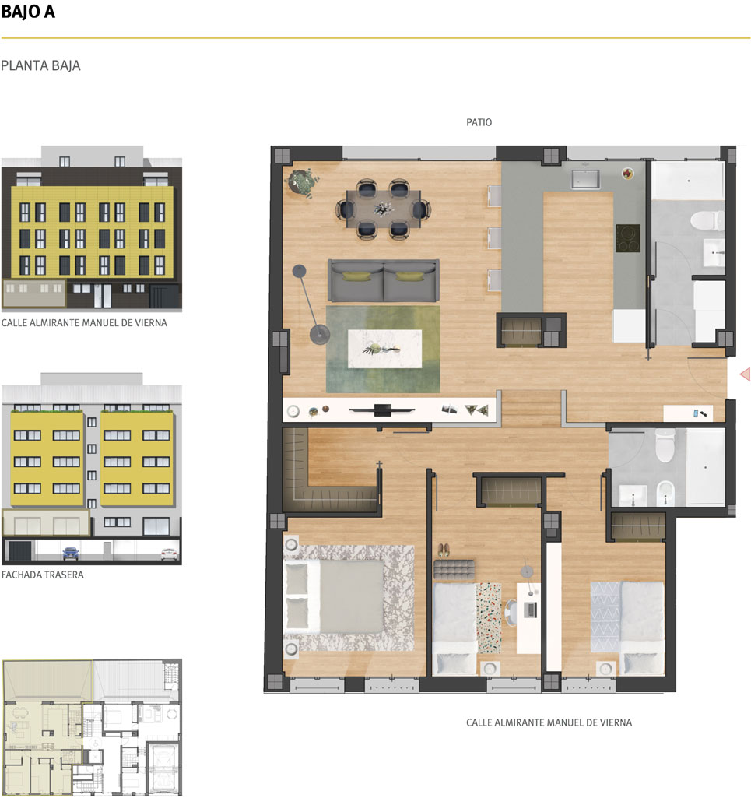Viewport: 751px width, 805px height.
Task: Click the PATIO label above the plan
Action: (479, 122)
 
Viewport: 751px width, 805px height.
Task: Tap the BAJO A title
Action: (28, 12)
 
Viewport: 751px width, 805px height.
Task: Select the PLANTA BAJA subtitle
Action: (40, 65)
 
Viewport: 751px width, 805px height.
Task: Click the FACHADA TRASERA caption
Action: (42, 575)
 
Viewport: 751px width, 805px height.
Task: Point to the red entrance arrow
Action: (745, 374)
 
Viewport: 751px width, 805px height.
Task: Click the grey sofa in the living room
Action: (383, 280)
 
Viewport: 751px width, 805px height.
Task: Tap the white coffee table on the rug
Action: (385, 349)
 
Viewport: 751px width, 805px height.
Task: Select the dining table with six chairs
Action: (383, 209)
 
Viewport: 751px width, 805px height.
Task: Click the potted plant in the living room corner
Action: (301, 182)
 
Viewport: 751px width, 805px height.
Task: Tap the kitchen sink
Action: (586, 179)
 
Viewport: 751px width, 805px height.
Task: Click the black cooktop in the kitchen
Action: (628, 238)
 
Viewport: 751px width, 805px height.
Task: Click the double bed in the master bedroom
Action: (334, 596)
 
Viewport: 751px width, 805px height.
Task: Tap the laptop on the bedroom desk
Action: (530, 610)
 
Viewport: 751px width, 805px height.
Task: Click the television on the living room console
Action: (381, 410)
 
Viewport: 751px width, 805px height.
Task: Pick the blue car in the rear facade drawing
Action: (70, 554)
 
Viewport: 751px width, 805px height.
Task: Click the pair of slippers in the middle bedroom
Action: (444, 551)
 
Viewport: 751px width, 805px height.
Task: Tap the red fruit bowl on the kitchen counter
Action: (628, 174)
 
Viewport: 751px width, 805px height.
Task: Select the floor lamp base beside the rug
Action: (319, 335)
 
